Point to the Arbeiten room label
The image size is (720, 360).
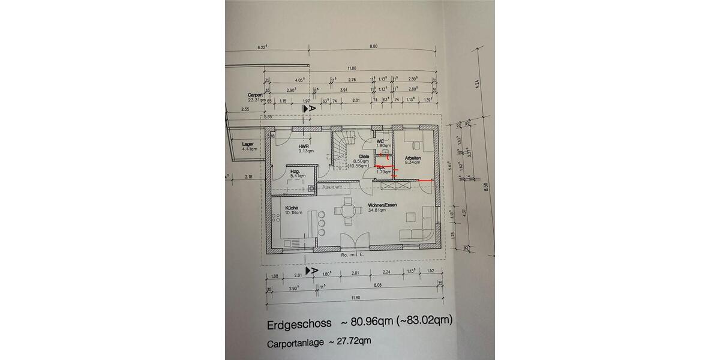click(412, 158)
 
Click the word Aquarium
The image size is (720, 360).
click(332, 187)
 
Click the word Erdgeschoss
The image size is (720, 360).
click(298, 325)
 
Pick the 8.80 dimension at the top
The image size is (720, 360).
click(374, 47)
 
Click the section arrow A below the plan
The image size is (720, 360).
click(311, 271)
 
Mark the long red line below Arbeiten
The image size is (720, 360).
click(425, 180)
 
